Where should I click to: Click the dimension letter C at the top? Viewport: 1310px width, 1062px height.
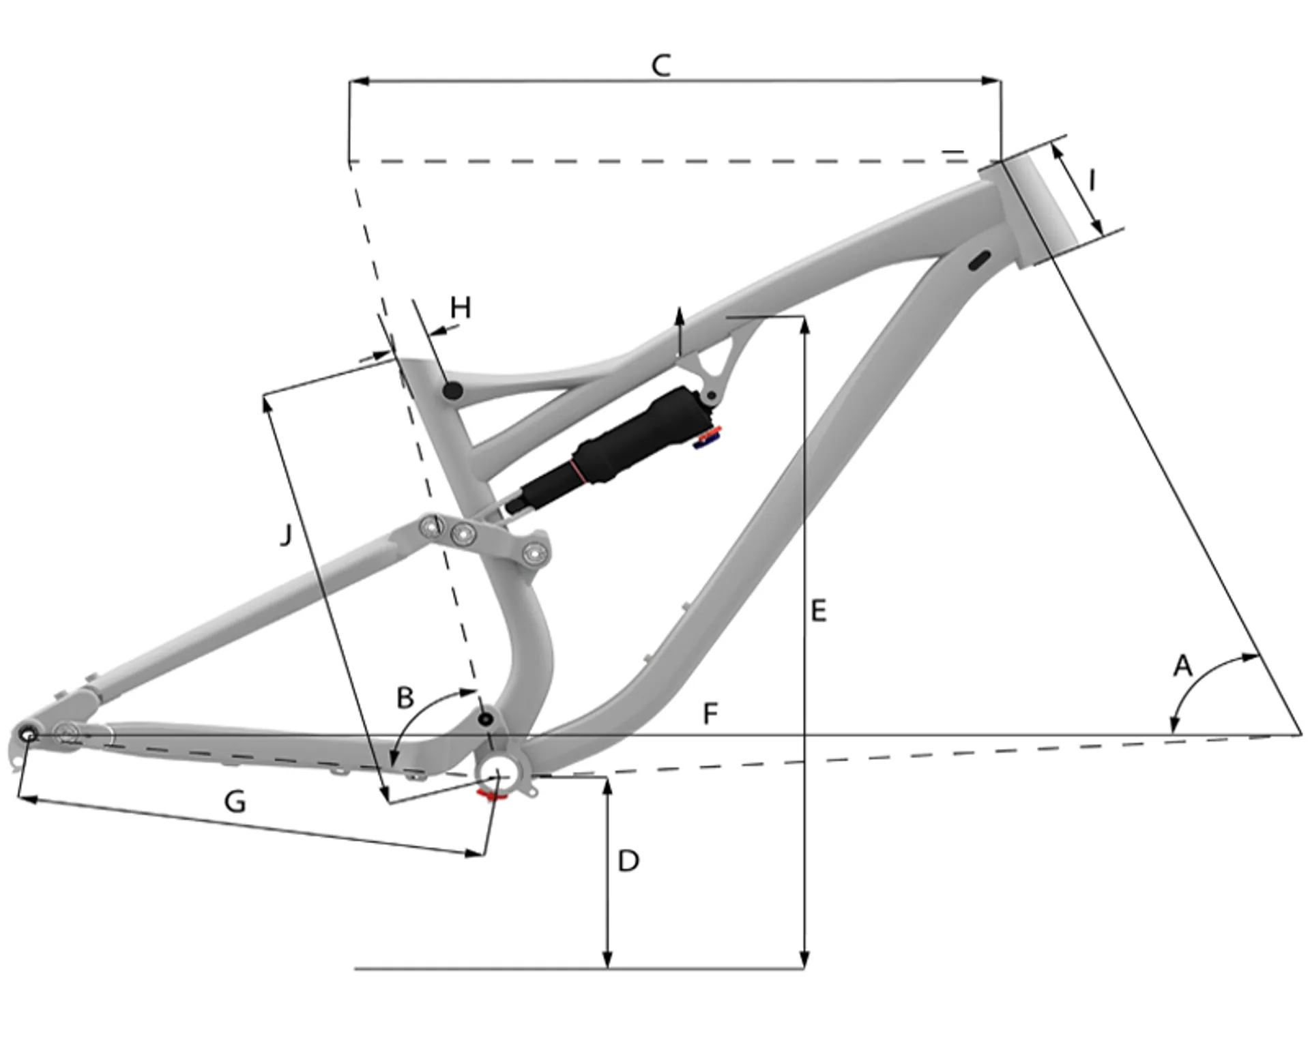[x=661, y=65]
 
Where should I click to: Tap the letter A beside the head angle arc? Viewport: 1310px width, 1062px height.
[x=1182, y=665]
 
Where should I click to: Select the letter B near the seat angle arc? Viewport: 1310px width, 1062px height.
[x=405, y=698]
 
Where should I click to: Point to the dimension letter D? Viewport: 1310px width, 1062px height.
[x=628, y=861]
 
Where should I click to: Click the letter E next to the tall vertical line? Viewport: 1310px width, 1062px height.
[x=819, y=610]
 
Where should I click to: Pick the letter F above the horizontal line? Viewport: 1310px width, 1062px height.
[x=710, y=713]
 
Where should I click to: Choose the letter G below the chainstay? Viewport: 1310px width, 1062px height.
[x=235, y=801]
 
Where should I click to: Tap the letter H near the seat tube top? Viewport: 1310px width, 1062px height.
[x=461, y=308]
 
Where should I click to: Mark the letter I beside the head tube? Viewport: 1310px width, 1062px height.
[x=1092, y=181]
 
